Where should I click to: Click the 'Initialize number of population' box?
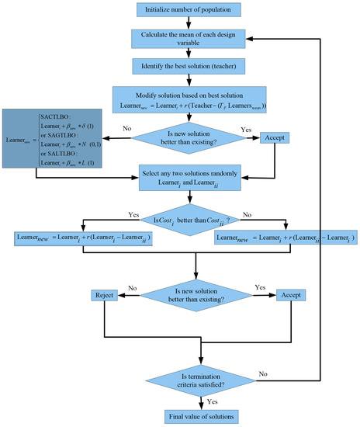coord(179,10)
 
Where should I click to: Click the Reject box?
coord(104,296)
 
